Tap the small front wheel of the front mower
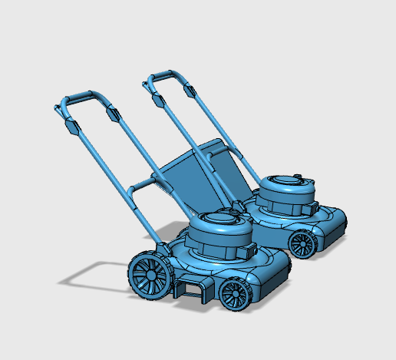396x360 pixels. [x=236, y=294]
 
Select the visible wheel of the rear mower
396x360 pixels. [x=302, y=245]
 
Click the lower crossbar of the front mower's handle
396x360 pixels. [x=146, y=183]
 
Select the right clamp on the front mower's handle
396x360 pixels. [x=113, y=114]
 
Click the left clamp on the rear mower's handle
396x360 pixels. [x=157, y=99]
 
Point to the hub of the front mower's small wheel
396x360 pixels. [x=236, y=295]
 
